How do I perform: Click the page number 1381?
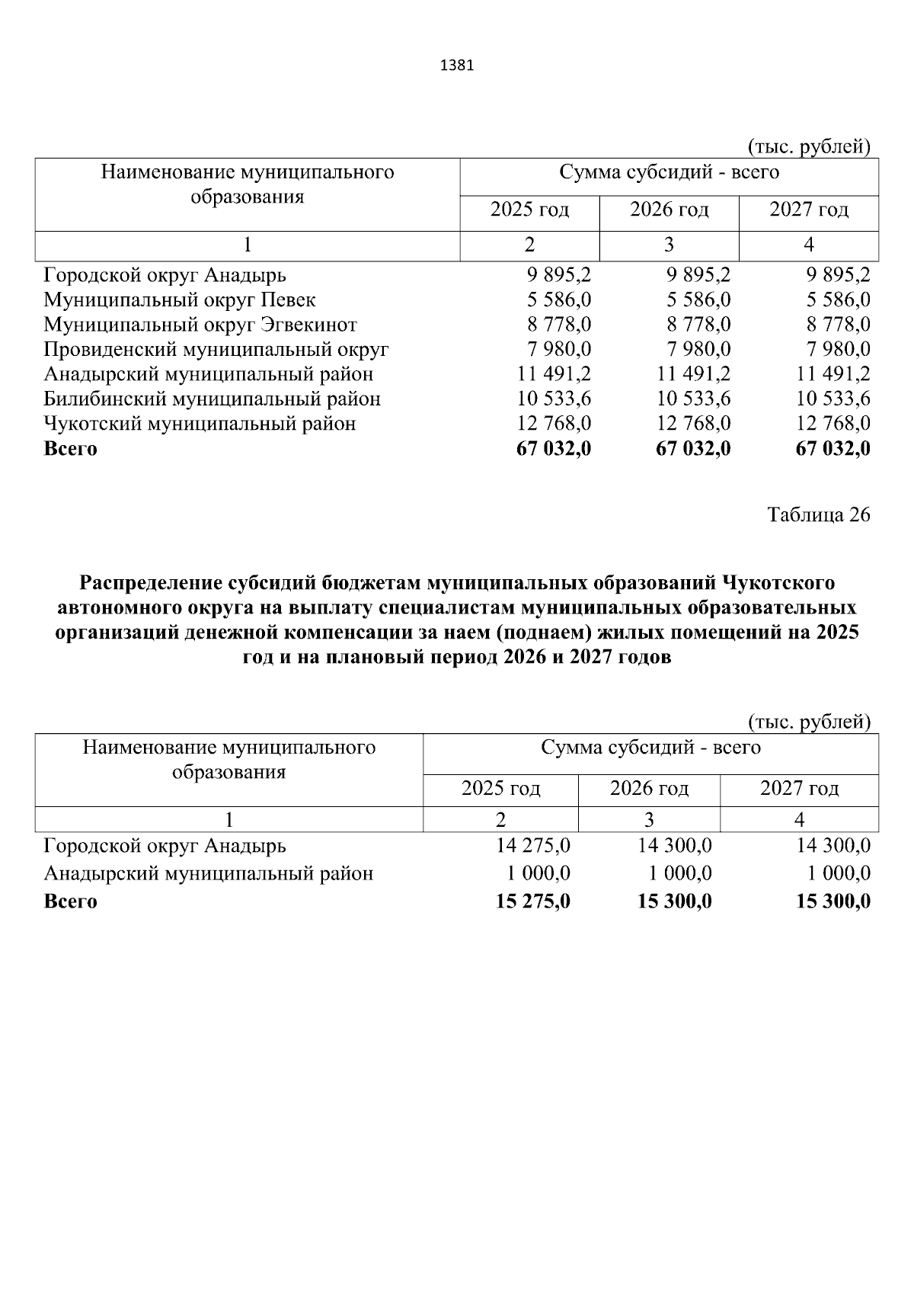457,66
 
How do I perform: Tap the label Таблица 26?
818,515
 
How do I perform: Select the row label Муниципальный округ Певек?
179,299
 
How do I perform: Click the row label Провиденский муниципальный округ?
216,349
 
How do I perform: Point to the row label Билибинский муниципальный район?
212,399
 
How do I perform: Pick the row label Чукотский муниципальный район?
200,423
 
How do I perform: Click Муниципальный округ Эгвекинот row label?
200,325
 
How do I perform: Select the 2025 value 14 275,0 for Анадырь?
532,845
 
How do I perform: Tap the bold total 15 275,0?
532,902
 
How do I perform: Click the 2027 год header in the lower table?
799,788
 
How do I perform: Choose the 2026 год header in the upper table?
669,210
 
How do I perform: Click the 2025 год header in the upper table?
529,210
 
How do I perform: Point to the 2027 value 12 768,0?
833,423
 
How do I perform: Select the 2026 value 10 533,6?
693,399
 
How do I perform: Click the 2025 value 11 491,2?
554,374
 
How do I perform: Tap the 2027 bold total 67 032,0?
833,448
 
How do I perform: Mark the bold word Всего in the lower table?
70,902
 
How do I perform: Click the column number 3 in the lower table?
649,820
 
